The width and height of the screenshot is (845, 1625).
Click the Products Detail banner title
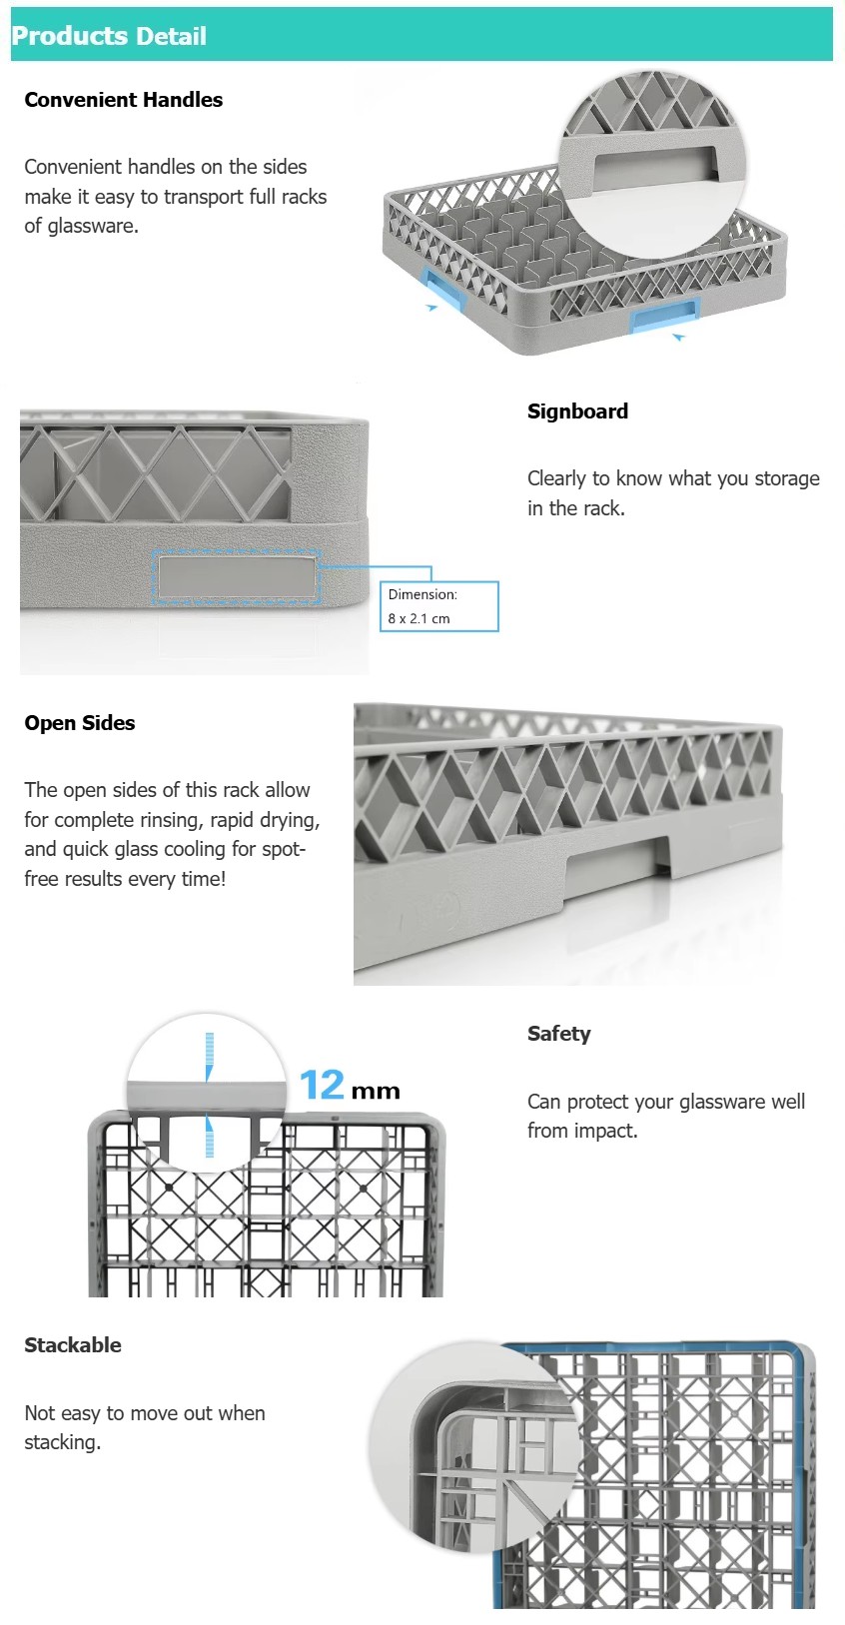point(109,36)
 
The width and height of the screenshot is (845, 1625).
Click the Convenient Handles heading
point(123,100)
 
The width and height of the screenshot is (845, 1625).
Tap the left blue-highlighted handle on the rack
point(443,289)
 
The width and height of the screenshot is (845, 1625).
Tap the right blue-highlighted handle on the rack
point(663,317)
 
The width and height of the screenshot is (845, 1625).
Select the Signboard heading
point(577,411)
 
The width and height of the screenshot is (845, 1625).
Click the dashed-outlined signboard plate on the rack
point(236,577)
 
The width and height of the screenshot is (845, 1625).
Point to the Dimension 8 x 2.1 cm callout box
point(438,606)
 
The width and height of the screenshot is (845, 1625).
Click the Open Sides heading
point(80,723)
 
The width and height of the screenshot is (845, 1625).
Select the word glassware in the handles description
point(91,226)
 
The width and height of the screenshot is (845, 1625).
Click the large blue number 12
point(322,1085)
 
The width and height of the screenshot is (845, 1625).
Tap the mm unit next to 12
point(376,1092)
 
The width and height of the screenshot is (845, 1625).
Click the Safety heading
point(558,1034)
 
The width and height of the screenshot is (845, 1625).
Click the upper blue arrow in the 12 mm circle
point(209,1057)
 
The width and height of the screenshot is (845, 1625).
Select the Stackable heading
point(73,1345)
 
